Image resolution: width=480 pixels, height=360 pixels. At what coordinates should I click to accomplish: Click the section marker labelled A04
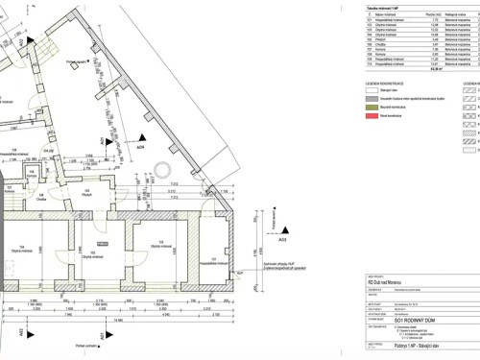point(140,147)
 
